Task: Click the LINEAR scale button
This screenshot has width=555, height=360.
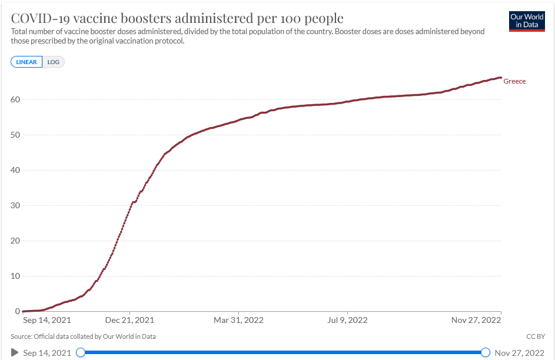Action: pyautogui.click(x=26, y=62)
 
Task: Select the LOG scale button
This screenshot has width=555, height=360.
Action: pyautogui.click(x=54, y=62)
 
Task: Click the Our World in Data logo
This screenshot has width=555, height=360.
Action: pyautogui.click(x=527, y=21)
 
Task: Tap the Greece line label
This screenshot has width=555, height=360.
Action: pyautogui.click(x=514, y=81)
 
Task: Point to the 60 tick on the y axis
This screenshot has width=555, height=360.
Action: pyautogui.click(x=15, y=99)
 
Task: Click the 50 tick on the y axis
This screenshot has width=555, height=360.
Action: pyautogui.click(x=15, y=135)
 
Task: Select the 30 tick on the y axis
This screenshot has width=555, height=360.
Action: pyautogui.click(x=15, y=205)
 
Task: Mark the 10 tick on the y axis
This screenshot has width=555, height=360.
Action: pyautogui.click(x=15, y=276)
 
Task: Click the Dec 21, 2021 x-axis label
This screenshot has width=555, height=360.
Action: pyautogui.click(x=129, y=320)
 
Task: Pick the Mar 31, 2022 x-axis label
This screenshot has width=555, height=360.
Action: pyautogui.click(x=238, y=320)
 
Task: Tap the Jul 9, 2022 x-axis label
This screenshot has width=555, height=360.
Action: pyautogui.click(x=347, y=320)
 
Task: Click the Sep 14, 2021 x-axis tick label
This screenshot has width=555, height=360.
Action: pyautogui.click(x=47, y=320)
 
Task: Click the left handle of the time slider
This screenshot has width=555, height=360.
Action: pyautogui.click(x=81, y=352)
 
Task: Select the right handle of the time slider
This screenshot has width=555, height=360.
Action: pyautogui.click(x=486, y=352)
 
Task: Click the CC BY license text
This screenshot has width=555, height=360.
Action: pyautogui.click(x=536, y=336)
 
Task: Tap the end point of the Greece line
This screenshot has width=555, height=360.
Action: pyautogui.click(x=500, y=78)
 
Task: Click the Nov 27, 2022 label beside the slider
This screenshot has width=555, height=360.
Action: pyautogui.click(x=520, y=353)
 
